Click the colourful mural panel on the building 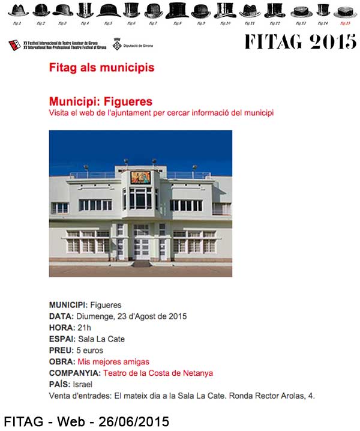(x=141, y=178)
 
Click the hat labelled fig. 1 (x=18, y=10)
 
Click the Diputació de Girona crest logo (x=118, y=44)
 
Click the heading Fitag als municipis (x=101, y=68)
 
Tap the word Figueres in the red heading (x=133, y=101)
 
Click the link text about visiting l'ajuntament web (x=161, y=113)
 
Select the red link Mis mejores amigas (x=113, y=362)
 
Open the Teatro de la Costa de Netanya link (x=158, y=373)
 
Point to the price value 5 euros (x=89, y=351)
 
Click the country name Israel (x=82, y=384)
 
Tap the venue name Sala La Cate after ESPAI (x=101, y=339)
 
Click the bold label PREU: (x=61, y=351)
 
